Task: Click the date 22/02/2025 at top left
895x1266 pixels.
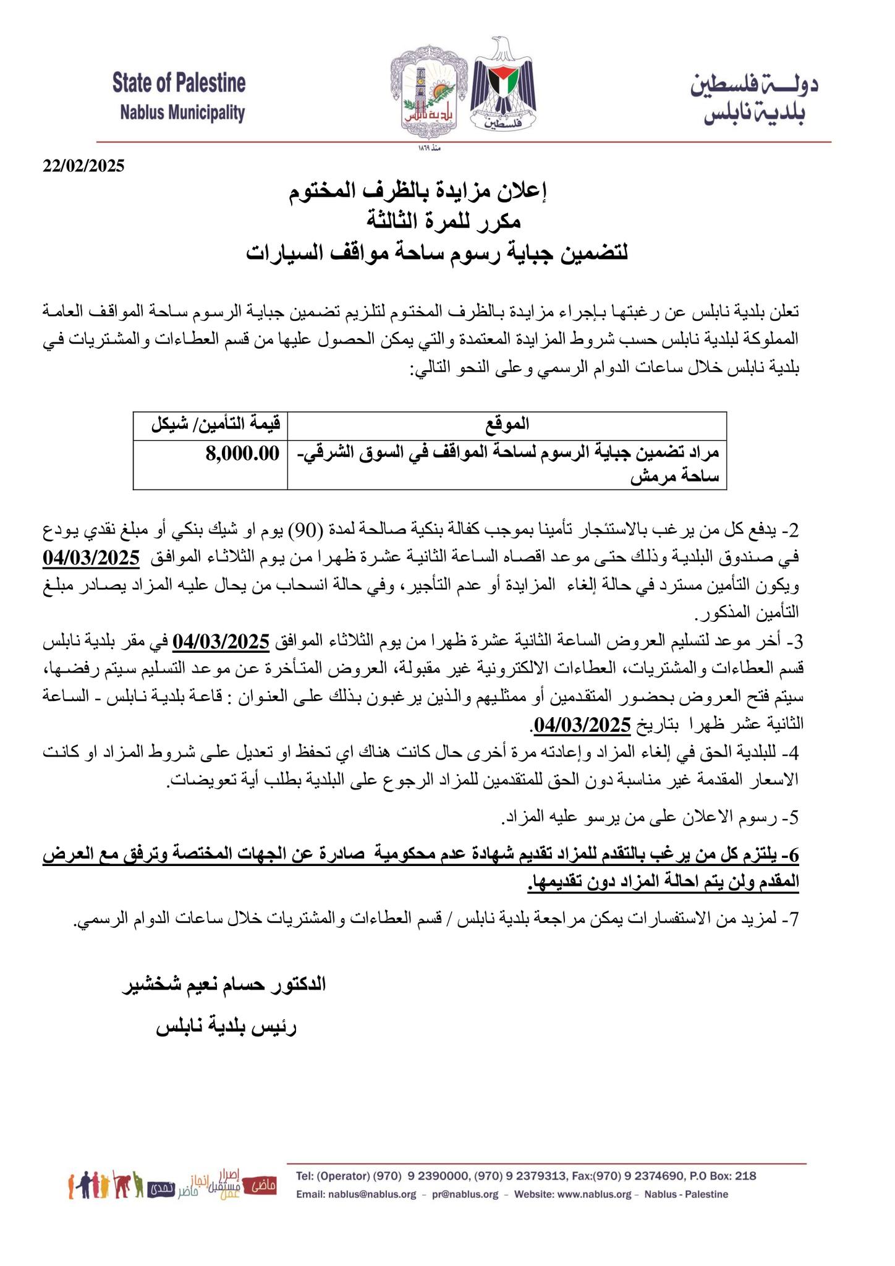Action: [x=83, y=166]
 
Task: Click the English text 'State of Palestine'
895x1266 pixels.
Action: [x=179, y=83]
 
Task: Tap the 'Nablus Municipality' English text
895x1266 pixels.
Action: [x=182, y=113]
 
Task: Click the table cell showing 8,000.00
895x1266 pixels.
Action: [x=242, y=454]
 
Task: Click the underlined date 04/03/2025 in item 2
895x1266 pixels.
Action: [x=91, y=558]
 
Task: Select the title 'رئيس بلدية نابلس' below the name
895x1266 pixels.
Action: [x=226, y=1027]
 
